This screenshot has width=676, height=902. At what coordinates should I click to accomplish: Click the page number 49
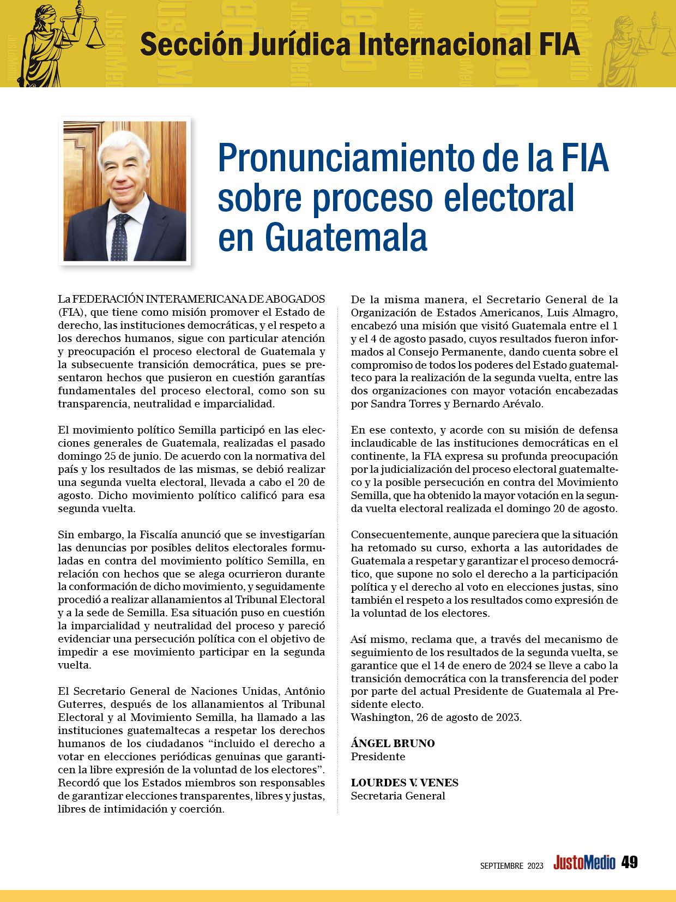coord(630,862)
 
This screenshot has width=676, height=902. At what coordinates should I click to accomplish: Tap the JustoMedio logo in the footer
coord(584,863)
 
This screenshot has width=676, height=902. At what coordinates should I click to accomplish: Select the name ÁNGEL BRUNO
coord(393,743)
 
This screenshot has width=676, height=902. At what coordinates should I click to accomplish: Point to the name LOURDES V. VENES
coord(405,783)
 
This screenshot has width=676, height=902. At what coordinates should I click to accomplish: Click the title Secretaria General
coord(398,796)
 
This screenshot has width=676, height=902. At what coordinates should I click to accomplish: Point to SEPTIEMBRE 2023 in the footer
coord(511,865)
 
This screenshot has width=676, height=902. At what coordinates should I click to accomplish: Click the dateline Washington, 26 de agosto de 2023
coord(436,717)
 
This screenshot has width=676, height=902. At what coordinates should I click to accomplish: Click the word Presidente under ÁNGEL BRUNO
coord(378,756)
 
